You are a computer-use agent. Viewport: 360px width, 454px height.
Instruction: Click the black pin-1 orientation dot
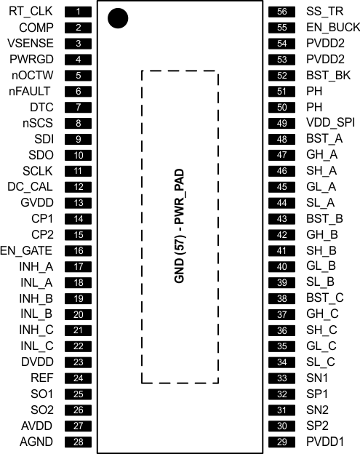pyautogui.click(x=116, y=18)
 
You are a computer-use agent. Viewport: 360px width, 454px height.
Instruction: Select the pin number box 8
pyautogui.click(x=79, y=123)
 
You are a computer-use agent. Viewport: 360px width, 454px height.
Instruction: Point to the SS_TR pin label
pyautogui.click(x=323, y=12)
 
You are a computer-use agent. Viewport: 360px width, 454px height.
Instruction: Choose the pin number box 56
pyautogui.click(x=281, y=12)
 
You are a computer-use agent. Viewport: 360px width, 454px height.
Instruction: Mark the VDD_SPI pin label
pyautogui.click(x=329, y=123)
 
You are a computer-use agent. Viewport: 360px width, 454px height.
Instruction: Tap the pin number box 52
pyautogui.click(x=281, y=76)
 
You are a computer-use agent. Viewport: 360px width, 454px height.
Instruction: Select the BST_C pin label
pyautogui.click(x=324, y=298)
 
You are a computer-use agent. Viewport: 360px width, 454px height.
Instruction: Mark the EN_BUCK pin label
pyautogui.click(x=328, y=28)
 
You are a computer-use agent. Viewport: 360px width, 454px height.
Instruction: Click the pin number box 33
pyautogui.click(x=281, y=378)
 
